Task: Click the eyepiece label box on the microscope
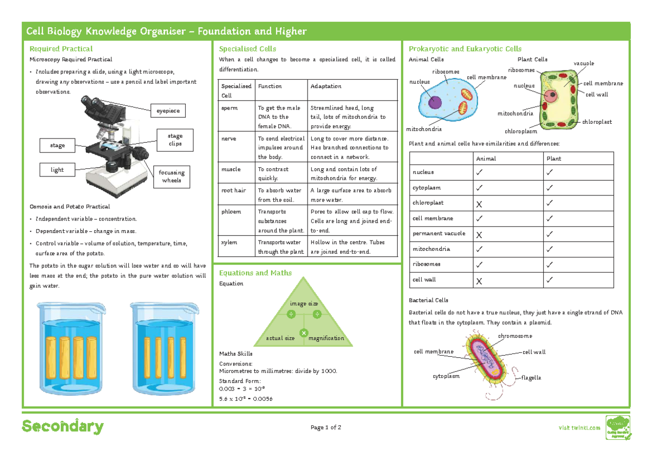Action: point(168,111)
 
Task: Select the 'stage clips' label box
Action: point(175,140)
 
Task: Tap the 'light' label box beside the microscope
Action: point(57,170)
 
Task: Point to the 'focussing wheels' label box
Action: point(172,176)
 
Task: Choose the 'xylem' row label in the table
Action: point(228,242)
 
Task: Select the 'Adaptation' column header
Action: point(325,86)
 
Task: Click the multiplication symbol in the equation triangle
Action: point(304,332)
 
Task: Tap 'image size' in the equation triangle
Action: point(304,304)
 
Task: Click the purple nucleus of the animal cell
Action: point(435,103)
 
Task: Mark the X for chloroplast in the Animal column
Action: point(479,203)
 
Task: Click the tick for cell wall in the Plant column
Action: point(550,280)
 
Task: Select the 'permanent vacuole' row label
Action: point(439,233)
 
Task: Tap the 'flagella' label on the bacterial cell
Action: point(531,377)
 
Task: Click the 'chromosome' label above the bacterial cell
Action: point(515,336)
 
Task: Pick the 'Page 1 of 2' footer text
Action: point(325,427)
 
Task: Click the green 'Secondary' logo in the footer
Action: point(62,427)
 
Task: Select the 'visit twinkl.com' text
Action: point(580,428)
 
